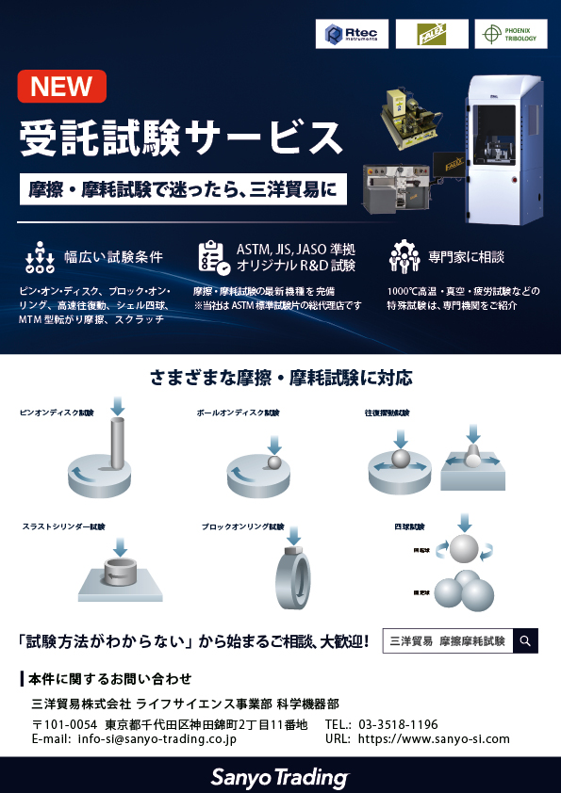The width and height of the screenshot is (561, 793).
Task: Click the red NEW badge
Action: pos(62,88)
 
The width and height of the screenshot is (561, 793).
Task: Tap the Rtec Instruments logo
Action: pos(352,35)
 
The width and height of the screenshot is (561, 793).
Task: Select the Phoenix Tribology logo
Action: pos(511,34)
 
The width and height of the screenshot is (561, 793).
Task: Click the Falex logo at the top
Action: pos(432,35)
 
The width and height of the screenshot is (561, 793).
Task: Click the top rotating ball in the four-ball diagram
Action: pos(463,550)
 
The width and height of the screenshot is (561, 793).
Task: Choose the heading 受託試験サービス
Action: pos(181,138)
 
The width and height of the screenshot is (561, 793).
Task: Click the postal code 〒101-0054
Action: pos(65,724)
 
